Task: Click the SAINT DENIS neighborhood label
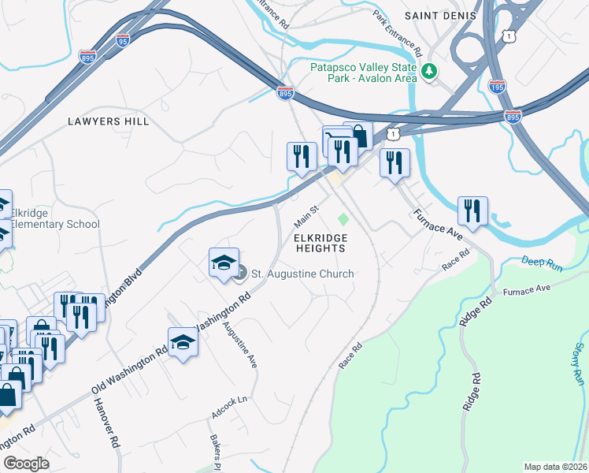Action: tap(441, 16)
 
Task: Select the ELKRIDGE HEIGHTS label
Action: tap(320, 242)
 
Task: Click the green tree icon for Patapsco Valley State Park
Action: tap(429, 72)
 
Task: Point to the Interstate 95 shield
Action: tap(122, 40)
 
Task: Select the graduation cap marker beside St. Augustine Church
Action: tap(224, 263)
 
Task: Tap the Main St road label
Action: tap(306, 213)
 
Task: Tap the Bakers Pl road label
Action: tap(213, 447)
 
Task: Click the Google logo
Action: tap(26, 464)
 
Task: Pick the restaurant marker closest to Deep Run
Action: tap(472, 210)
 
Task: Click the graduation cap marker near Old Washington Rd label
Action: tap(183, 343)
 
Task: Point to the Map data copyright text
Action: tap(556, 466)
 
